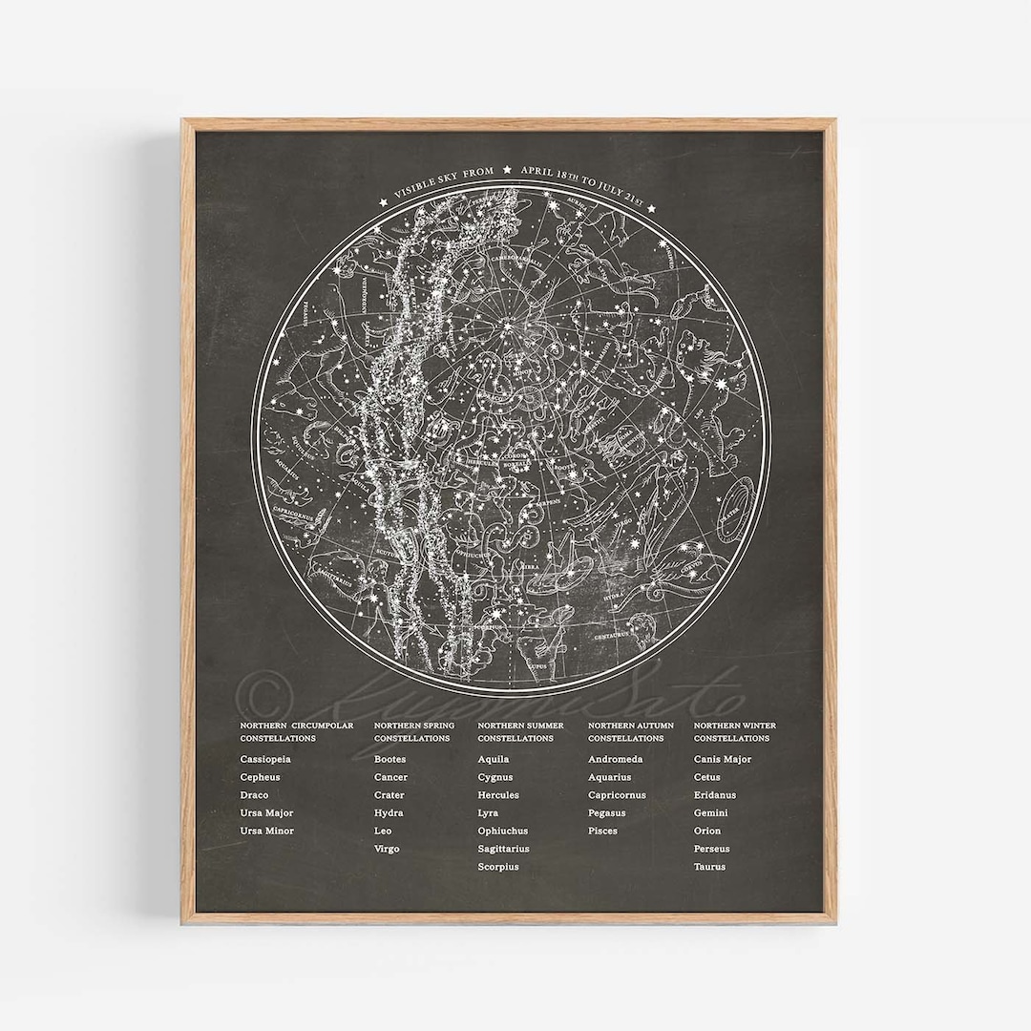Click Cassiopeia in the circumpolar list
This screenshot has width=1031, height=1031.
point(265,760)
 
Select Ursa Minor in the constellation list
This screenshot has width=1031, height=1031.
point(267,831)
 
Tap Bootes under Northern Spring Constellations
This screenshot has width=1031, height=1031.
point(390,760)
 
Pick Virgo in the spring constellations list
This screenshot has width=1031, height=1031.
point(387,850)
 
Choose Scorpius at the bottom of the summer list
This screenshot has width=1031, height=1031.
point(498,868)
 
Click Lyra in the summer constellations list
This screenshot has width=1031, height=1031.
point(488,813)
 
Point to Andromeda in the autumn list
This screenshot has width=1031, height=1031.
point(616,760)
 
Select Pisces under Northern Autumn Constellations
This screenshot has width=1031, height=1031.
point(602,831)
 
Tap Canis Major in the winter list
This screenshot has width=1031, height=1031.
point(723,760)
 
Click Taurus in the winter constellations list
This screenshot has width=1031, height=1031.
point(709,868)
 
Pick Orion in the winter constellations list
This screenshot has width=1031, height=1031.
point(707,831)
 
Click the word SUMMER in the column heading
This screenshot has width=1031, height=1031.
point(544,726)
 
